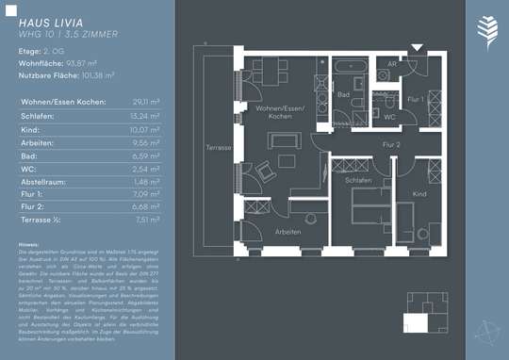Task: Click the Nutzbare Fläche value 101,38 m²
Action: pyautogui.click(x=96, y=74)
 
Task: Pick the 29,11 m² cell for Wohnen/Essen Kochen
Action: pyautogui.click(x=145, y=101)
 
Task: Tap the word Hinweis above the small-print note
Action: pyautogui.click(x=28, y=243)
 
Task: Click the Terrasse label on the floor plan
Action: pyautogui.click(x=219, y=149)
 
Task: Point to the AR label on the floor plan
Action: pyautogui.click(x=392, y=64)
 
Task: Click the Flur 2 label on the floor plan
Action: pyautogui.click(x=392, y=144)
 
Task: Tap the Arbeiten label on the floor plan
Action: pyautogui.click(x=287, y=231)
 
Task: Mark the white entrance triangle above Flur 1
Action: pyautogui.click(x=417, y=47)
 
